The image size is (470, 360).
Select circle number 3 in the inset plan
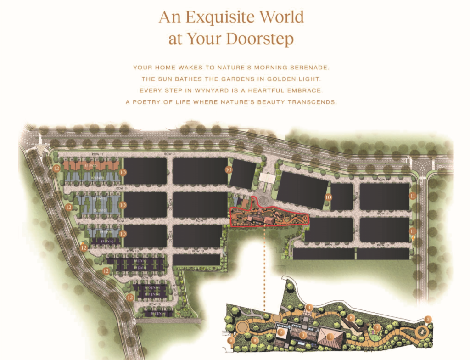pyautogui.click(x=303, y=335)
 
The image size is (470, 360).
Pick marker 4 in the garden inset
pyautogui.click(x=310, y=307)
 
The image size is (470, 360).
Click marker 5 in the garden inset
pyautogui.click(x=428, y=319)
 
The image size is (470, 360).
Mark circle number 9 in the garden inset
pyautogui.click(x=255, y=340)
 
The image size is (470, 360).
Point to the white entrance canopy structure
pyautogui.click(x=266, y=179)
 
